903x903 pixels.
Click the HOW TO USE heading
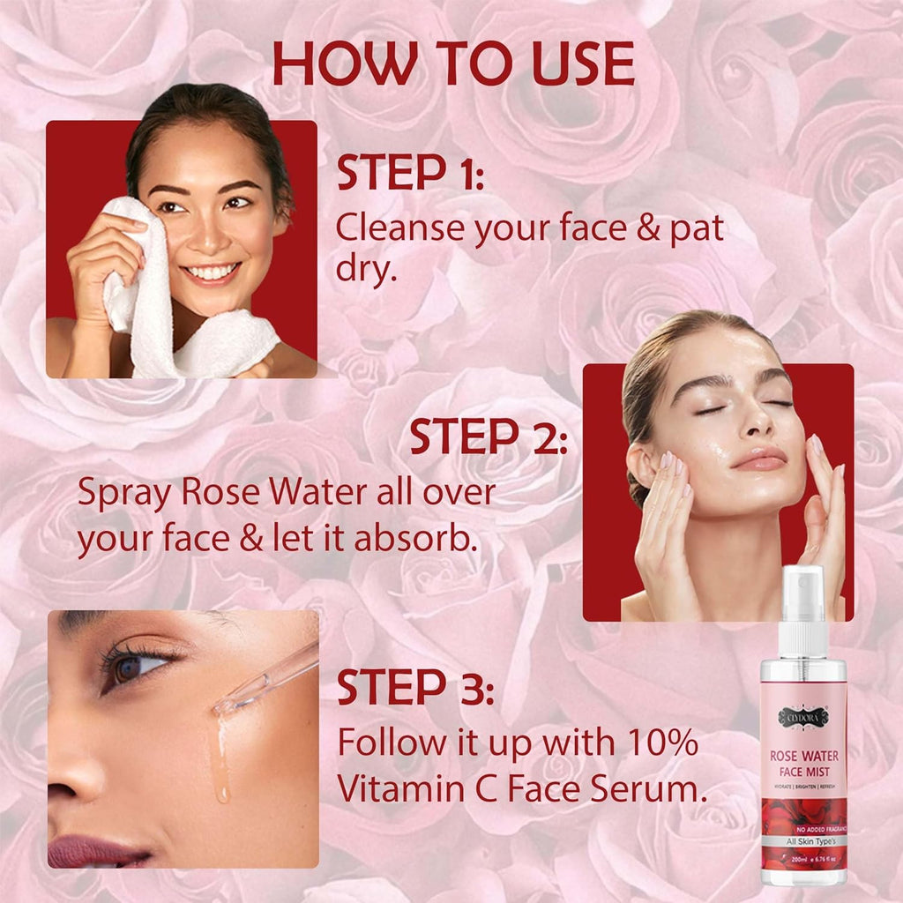[453, 63]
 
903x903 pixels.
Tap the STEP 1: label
[410, 175]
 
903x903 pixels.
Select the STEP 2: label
[489, 438]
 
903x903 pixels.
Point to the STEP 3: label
[415, 688]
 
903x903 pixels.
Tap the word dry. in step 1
[365, 269]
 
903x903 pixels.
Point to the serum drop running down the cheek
[220, 767]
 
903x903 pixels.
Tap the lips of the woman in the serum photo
[101, 852]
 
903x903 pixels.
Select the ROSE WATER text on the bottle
[803, 757]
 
